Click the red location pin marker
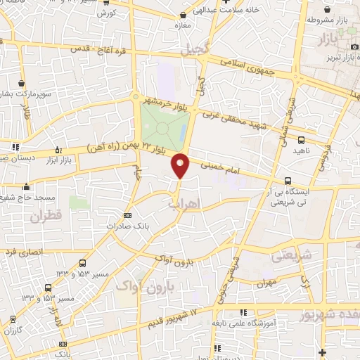tap(181, 166)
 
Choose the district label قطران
tap(46, 217)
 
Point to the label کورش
tap(106, 13)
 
